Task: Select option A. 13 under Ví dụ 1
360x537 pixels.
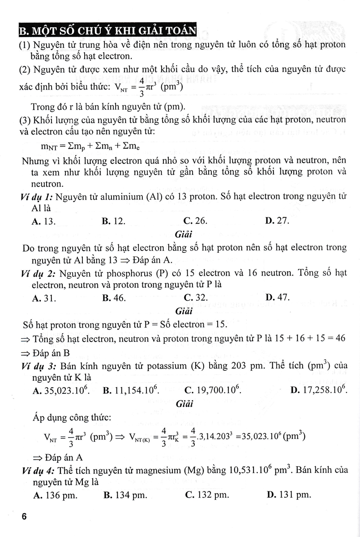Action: (44, 221)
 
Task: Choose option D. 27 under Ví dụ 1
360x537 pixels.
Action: (277, 221)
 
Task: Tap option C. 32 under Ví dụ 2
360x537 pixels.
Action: (196, 298)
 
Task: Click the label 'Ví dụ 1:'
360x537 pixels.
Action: (38, 196)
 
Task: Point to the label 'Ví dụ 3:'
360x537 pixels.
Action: (38, 365)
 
